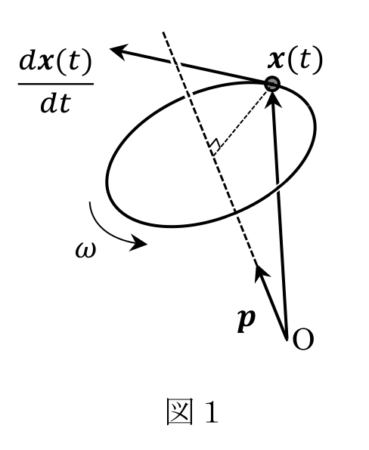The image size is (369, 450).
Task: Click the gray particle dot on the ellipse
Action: (x=271, y=84)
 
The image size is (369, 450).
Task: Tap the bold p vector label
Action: (x=247, y=321)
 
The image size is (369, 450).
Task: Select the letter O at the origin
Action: (x=303, y=339)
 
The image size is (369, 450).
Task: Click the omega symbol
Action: (x=85, y=250)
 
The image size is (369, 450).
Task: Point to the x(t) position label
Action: (x=295, y=60)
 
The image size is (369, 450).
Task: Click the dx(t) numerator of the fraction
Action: (x=55, y=62)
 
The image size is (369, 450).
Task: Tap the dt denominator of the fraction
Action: (x=55, y=103)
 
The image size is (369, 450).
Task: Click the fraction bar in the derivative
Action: (x=56, y=84)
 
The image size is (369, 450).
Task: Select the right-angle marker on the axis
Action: (x=215, y=145)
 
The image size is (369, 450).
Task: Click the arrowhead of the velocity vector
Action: (x=118, y=51)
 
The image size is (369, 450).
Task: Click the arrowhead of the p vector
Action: (x=261, y=271)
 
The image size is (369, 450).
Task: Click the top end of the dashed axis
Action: (x=163, y=32)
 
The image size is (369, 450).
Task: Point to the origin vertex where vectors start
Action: (x=287, y=339)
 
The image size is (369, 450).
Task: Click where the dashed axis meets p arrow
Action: (x=256, y=264)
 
